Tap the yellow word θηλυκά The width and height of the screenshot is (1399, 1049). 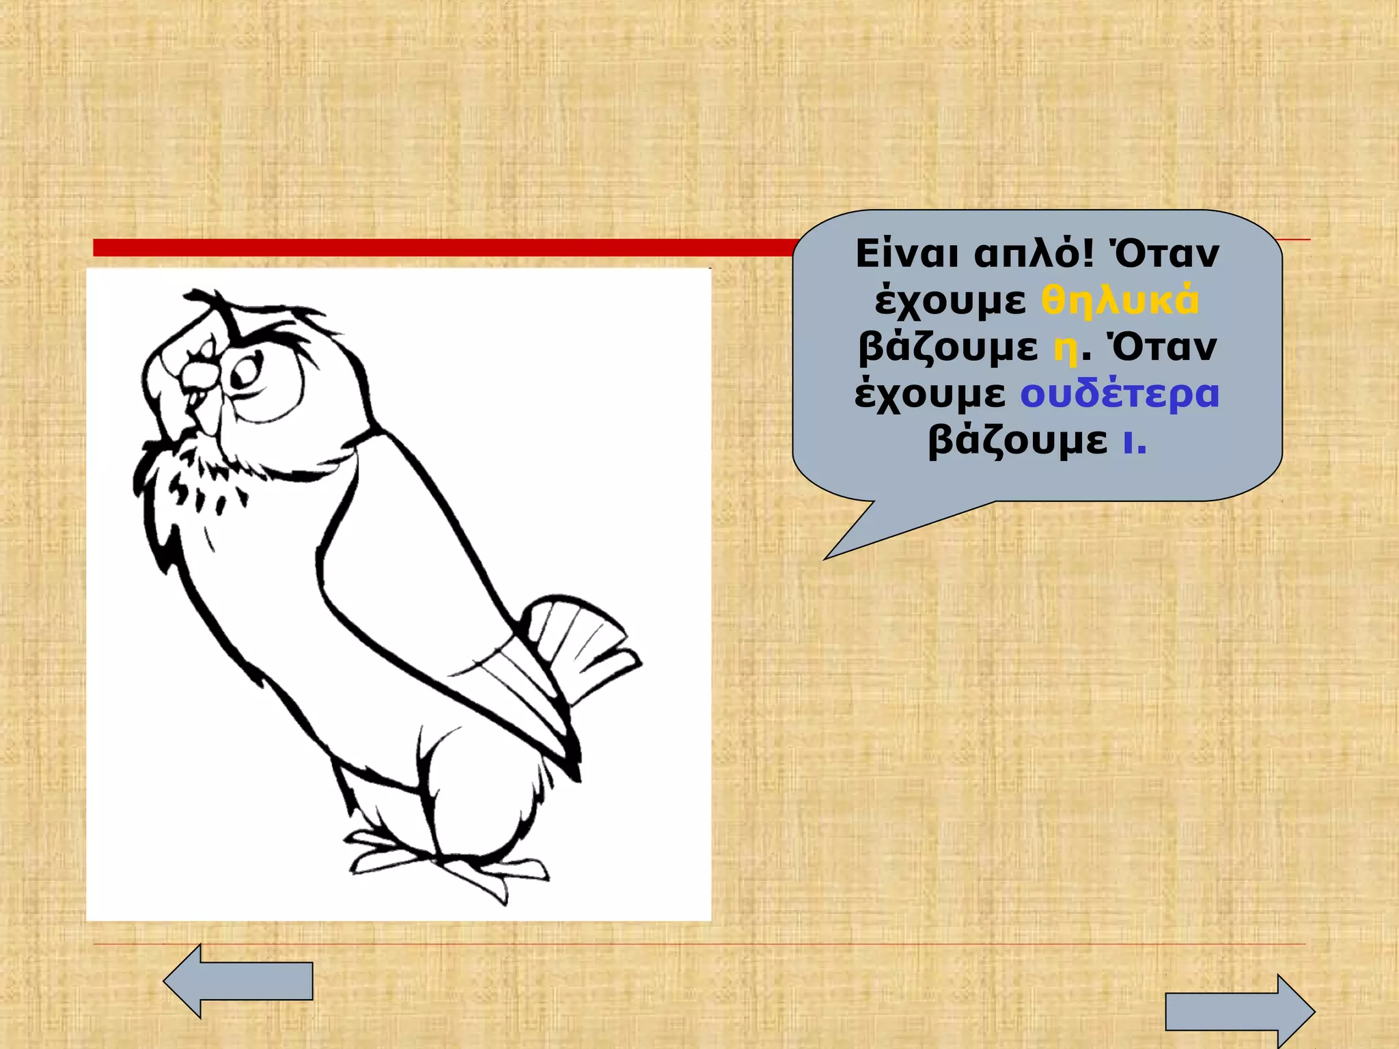click(x=1120, y=300)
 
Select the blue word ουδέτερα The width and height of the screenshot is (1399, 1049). click(x=1120, y=394)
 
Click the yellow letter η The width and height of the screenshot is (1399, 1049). click(x=1066, y=348)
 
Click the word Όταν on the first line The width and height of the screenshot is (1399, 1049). click(x=1164, y=254)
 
